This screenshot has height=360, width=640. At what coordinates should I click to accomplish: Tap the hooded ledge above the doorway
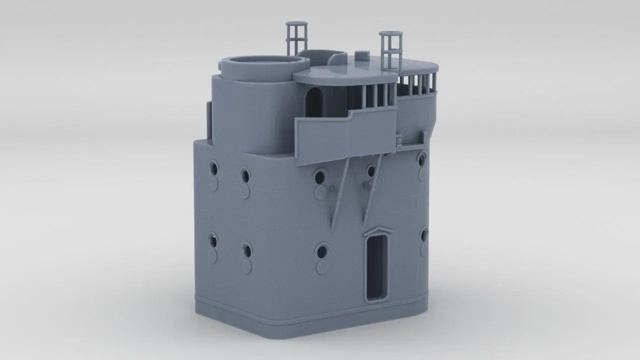click(x=378, y=231)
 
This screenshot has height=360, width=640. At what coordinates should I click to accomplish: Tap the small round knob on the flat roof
click(x=360, y=54)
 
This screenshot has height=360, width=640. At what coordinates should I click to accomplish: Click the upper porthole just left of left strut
click(x=319, y=175)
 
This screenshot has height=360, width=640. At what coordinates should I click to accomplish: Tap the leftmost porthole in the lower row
click(x=213, y=241)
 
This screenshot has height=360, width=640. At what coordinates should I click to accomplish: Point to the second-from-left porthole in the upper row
click(x=244, y=175)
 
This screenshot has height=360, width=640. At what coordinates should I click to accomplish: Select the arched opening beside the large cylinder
click(x=313, y=102)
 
